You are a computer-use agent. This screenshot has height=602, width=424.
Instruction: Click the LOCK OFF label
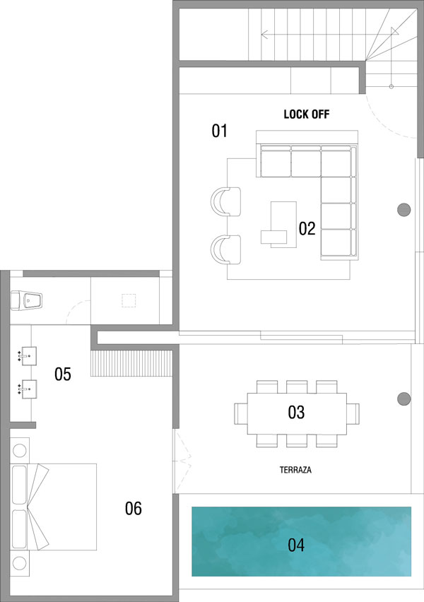pyautogui.click(x=307, y=114)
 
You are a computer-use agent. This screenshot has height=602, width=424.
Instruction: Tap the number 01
pyautogui.click(x=219, y=131)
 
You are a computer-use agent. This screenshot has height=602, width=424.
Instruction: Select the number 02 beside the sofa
pyautogui.click(x=307, y=228)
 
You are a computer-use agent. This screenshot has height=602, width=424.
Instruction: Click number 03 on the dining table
pyautogui.click(x=296, y=412)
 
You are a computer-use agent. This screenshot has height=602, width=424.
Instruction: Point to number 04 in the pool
pyautogui.click(x=296, y=545)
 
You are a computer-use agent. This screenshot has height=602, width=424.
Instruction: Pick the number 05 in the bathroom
pyautogui.click(x=63, y=374)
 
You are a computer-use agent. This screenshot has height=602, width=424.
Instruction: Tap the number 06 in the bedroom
pyautogui.click(x=134, y=508)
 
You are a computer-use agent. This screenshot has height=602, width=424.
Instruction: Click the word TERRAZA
pyautogui.click(x=295, y=470)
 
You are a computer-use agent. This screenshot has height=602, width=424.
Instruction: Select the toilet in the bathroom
pyautogui.click(x=26, y=300)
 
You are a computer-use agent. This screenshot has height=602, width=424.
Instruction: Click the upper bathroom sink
pyautogui.click(x=28, y=356)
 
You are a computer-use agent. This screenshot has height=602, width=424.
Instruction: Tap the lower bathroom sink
pyautogui.click(x=28, y=389)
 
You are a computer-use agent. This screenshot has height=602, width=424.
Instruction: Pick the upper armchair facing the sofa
pyautogui.click(x=226, y=201)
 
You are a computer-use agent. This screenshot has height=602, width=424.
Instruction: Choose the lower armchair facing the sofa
pyautogui.click(x=226, y=249)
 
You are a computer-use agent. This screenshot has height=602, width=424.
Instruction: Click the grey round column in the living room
pyautogui.click(x=404, y=210)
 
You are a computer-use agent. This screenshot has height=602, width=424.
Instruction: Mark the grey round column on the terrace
pyautogui.click(x=404, y=399)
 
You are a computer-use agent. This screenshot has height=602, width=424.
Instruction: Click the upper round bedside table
pyautogui.click(x=20, y=450)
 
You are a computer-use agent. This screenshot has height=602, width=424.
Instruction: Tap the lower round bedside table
pyautogui.click(x=20, y=563)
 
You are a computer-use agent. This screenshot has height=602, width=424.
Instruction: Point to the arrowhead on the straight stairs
pyautogui.click(x=264, y=35)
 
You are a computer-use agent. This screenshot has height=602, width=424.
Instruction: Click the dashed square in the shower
pyautogui.click(x=129, y=300)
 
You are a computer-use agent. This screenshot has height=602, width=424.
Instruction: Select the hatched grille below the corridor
pyautogui.click(x=131, y=362)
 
